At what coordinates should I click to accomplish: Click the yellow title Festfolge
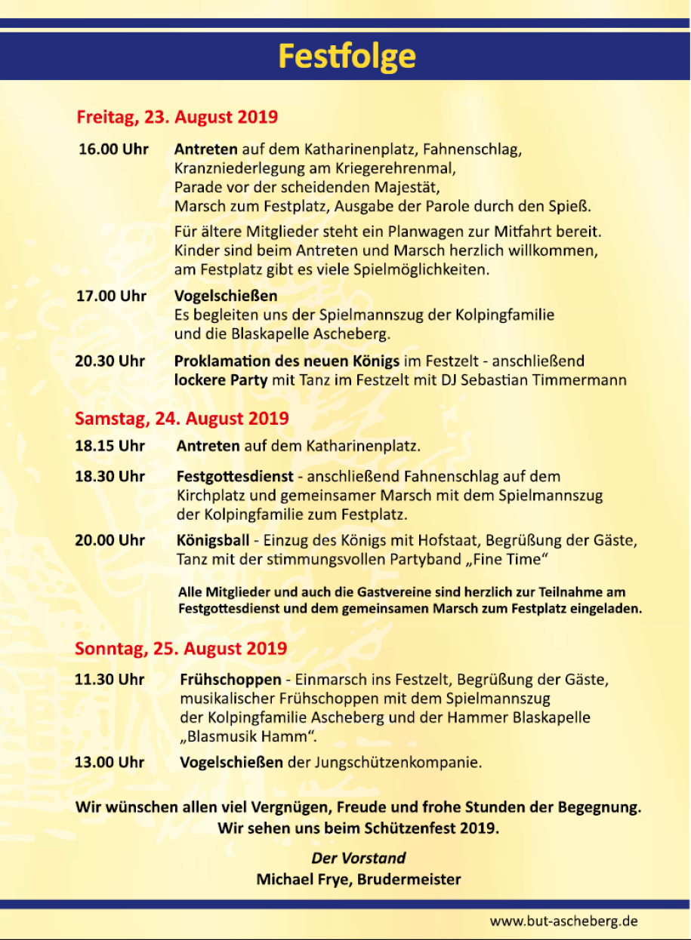point(347,57)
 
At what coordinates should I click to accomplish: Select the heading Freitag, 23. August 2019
point(177,118)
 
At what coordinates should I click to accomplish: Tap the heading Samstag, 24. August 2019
point(181,418)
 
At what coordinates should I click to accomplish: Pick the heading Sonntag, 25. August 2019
point(180,648)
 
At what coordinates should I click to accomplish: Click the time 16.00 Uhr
point(113,149)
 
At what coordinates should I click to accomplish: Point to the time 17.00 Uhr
point(111,296)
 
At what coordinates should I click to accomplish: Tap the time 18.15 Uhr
point(110,446)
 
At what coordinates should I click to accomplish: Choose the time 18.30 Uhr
point(110,476)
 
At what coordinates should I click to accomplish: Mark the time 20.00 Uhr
point(110,540)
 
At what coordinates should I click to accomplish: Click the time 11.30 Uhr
point(110,680)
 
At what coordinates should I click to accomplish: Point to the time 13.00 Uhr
point(110,762)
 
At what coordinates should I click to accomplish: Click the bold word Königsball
point(213,541)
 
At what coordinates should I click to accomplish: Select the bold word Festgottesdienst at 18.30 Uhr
point(236,477)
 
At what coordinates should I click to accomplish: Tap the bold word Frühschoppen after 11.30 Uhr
point(230,680)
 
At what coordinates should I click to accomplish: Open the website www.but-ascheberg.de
point(563,921)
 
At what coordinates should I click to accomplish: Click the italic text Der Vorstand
point(358,858)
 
